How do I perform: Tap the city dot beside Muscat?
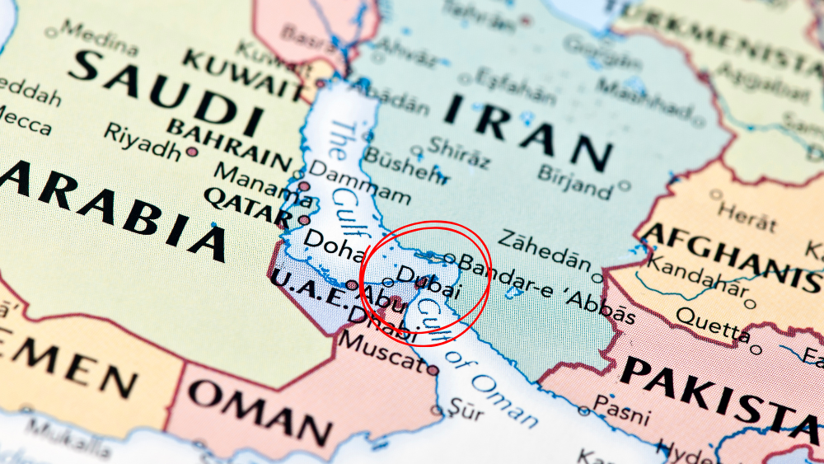[x=433, y=370]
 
